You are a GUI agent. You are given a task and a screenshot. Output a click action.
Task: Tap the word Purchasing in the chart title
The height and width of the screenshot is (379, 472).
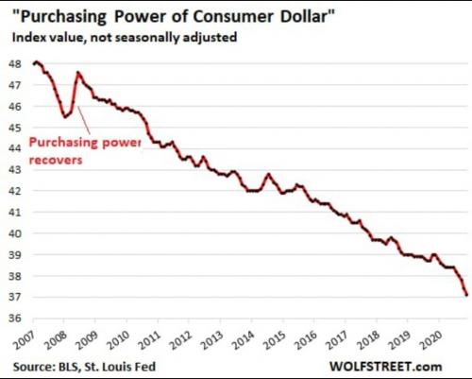pyautogui.click(x=63, y=17)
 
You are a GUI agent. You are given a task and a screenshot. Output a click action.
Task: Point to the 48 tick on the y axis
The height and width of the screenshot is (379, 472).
pyautogui.click(x=15, y=64)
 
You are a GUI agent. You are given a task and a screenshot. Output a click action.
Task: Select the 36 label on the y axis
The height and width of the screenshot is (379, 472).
pyautogui.click(x=15, y=318)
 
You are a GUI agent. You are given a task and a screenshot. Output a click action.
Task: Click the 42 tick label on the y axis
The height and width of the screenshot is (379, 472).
pyautogui.click(x=15, y=191)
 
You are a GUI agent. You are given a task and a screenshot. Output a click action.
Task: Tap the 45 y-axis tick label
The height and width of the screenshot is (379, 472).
pyautogui.click(x=15, y=128)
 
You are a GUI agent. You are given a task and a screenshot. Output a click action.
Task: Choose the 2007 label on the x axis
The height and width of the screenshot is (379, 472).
pyautogui.click(x=25, y=340)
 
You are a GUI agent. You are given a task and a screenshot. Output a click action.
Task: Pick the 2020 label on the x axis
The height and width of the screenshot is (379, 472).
pyautogui.click(x=431, y=340)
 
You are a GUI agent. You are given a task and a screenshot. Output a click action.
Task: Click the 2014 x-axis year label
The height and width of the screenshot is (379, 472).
pyautogui.click(x=244, y=340)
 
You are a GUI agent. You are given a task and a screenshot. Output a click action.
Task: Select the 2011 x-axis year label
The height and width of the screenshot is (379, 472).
pyautogui.click(x=150, y=340)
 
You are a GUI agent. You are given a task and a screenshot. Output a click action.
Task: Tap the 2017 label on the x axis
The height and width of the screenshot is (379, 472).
pyautogui.click(x=337, y=340)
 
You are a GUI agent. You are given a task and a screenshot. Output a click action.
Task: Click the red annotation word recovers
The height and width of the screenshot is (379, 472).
pyautogui.click(x=56, y=160)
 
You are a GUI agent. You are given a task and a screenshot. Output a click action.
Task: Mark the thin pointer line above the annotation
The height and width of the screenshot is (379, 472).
pyautogui.click(x=84, y=120)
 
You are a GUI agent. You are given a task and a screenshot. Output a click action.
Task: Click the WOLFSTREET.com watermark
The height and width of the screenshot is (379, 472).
pyautogui.click(x=386, y=367)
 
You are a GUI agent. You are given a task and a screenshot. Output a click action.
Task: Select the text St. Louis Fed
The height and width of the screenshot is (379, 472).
pyautogui.click(x=120, y=367)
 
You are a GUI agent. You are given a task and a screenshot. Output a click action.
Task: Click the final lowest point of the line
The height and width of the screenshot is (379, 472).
pyautogui.click(x=466, y=295)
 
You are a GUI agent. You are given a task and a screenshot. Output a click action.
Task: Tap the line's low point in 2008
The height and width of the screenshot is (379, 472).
pyautogui.click(x=65, y=117)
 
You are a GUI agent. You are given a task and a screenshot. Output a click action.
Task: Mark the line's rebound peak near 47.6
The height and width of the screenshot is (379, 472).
pyautogui.click(x=78, y=73)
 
